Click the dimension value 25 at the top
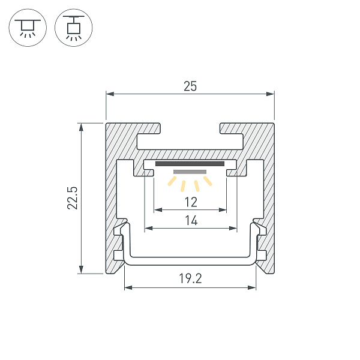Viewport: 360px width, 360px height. point(190,86)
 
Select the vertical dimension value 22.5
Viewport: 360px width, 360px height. point(73,198)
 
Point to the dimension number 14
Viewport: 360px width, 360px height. point(190,220)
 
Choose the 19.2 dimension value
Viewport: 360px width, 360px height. point(190,278)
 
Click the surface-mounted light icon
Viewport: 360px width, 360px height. point(27,28)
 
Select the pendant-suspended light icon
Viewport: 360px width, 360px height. point(74,28)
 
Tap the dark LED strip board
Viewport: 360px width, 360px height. point(190,163)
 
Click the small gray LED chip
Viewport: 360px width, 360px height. point(190,172)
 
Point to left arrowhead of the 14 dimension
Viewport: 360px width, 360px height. point(148,229)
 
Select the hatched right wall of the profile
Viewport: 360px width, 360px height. point(269,198)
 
